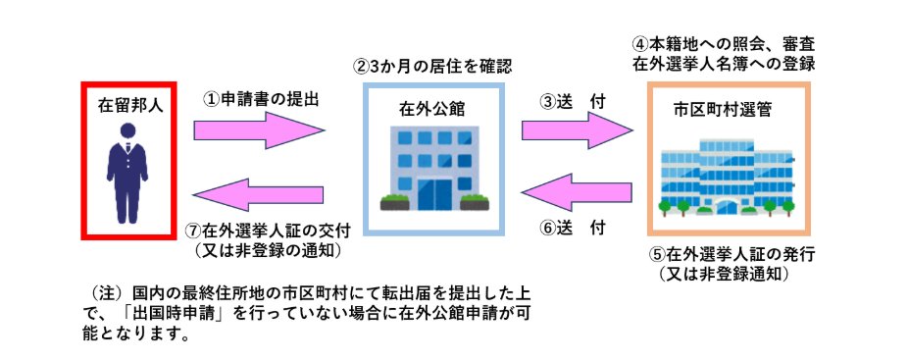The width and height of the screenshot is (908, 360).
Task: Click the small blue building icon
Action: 432,168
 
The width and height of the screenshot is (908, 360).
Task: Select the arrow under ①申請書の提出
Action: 259,129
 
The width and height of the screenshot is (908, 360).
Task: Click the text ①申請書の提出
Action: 261,99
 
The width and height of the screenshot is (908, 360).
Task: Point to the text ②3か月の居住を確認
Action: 432,68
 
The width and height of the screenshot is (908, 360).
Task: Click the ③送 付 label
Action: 573,101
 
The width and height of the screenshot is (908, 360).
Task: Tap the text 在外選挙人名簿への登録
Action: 726,64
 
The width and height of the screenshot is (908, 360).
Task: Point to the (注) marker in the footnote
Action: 106,294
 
